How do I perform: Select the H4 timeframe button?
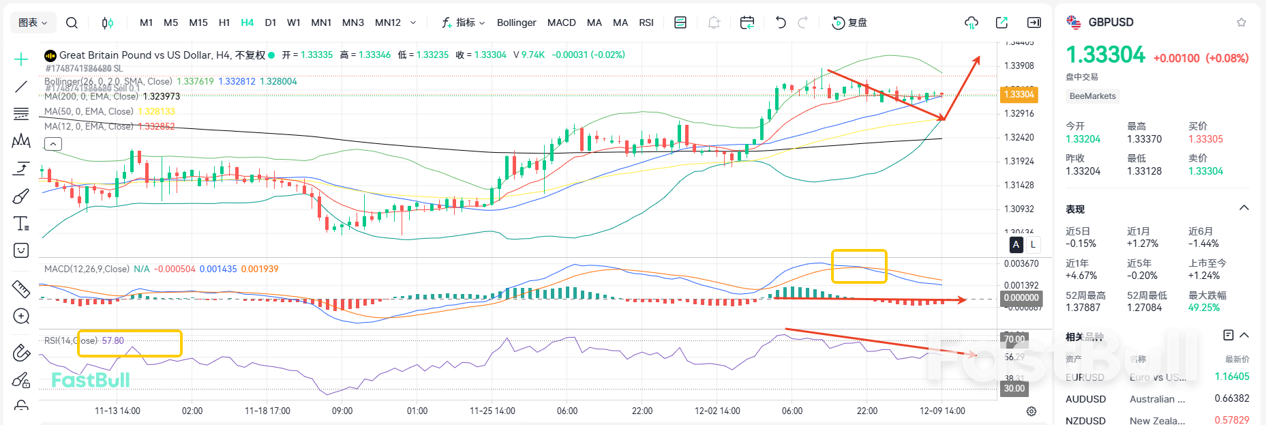coord(247,23)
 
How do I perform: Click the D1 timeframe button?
coord(271,23)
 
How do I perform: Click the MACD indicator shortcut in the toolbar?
coord(561,23)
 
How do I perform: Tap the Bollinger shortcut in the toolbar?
coord(516,23)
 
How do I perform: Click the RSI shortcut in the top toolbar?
coord(646,23)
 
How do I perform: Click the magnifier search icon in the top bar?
coord(72,23)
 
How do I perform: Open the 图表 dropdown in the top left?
coord(33,23)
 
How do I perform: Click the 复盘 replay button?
coord(849,23)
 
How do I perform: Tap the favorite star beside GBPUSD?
coord(1241,23)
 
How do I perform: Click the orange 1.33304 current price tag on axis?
coord(1019,95)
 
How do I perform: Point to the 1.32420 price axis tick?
coord(1019,137)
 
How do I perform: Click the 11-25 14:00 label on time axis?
coord(492,411)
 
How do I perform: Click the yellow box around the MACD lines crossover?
coord(859,266)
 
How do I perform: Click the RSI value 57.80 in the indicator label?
coord(112,340)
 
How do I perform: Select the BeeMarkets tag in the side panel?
coord(1092,96)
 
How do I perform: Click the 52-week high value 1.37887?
coord(1083,308)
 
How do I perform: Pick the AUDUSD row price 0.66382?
coord(1231,398)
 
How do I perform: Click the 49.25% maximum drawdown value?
coord(1203,308)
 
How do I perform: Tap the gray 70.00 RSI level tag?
coord(1014,339)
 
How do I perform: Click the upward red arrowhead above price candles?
coord(978,59)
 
